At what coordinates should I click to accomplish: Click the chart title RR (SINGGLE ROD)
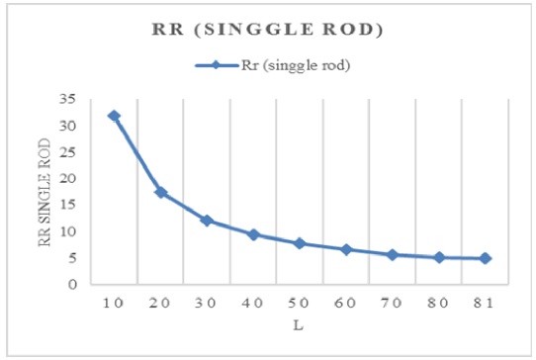[268, 30]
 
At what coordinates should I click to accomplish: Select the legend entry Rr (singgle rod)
[282, 66]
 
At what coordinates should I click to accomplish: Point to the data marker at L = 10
[114, 116]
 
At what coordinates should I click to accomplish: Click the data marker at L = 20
[160, 192]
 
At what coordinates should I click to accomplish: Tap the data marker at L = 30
[207, 221]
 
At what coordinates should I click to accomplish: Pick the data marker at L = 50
[300, 243]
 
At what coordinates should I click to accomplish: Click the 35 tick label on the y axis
[68, 100]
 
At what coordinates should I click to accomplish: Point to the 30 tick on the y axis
[68, 127]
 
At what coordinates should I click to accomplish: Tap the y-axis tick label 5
[72, 258]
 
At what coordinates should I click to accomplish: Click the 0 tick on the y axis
[72, 285]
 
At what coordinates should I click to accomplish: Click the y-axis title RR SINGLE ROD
[45, 193]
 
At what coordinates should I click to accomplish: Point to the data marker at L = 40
[253, 234]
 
